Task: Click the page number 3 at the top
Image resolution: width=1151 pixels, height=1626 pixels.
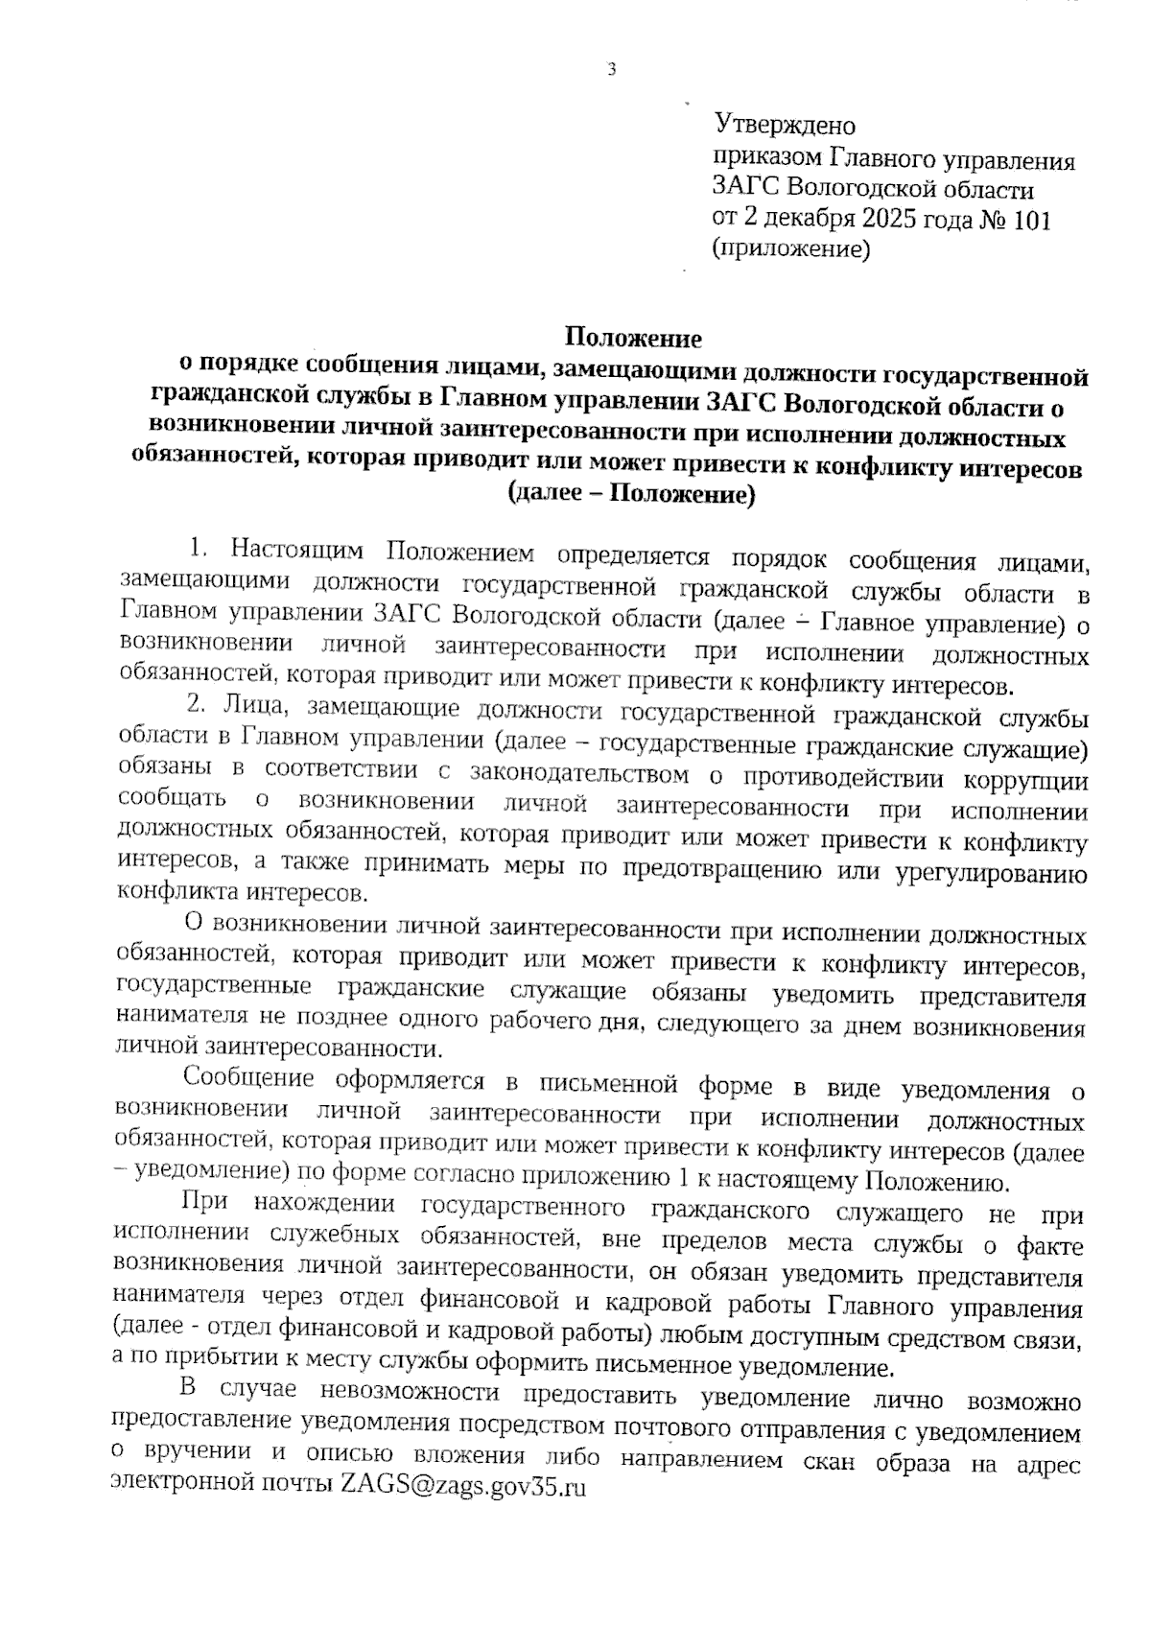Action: (610, 69)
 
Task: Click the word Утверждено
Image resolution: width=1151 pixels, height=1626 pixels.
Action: (785, 125)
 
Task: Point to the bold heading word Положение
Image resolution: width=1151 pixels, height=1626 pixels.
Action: (633, 338)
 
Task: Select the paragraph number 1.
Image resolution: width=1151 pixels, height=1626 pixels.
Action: (197, 550)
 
